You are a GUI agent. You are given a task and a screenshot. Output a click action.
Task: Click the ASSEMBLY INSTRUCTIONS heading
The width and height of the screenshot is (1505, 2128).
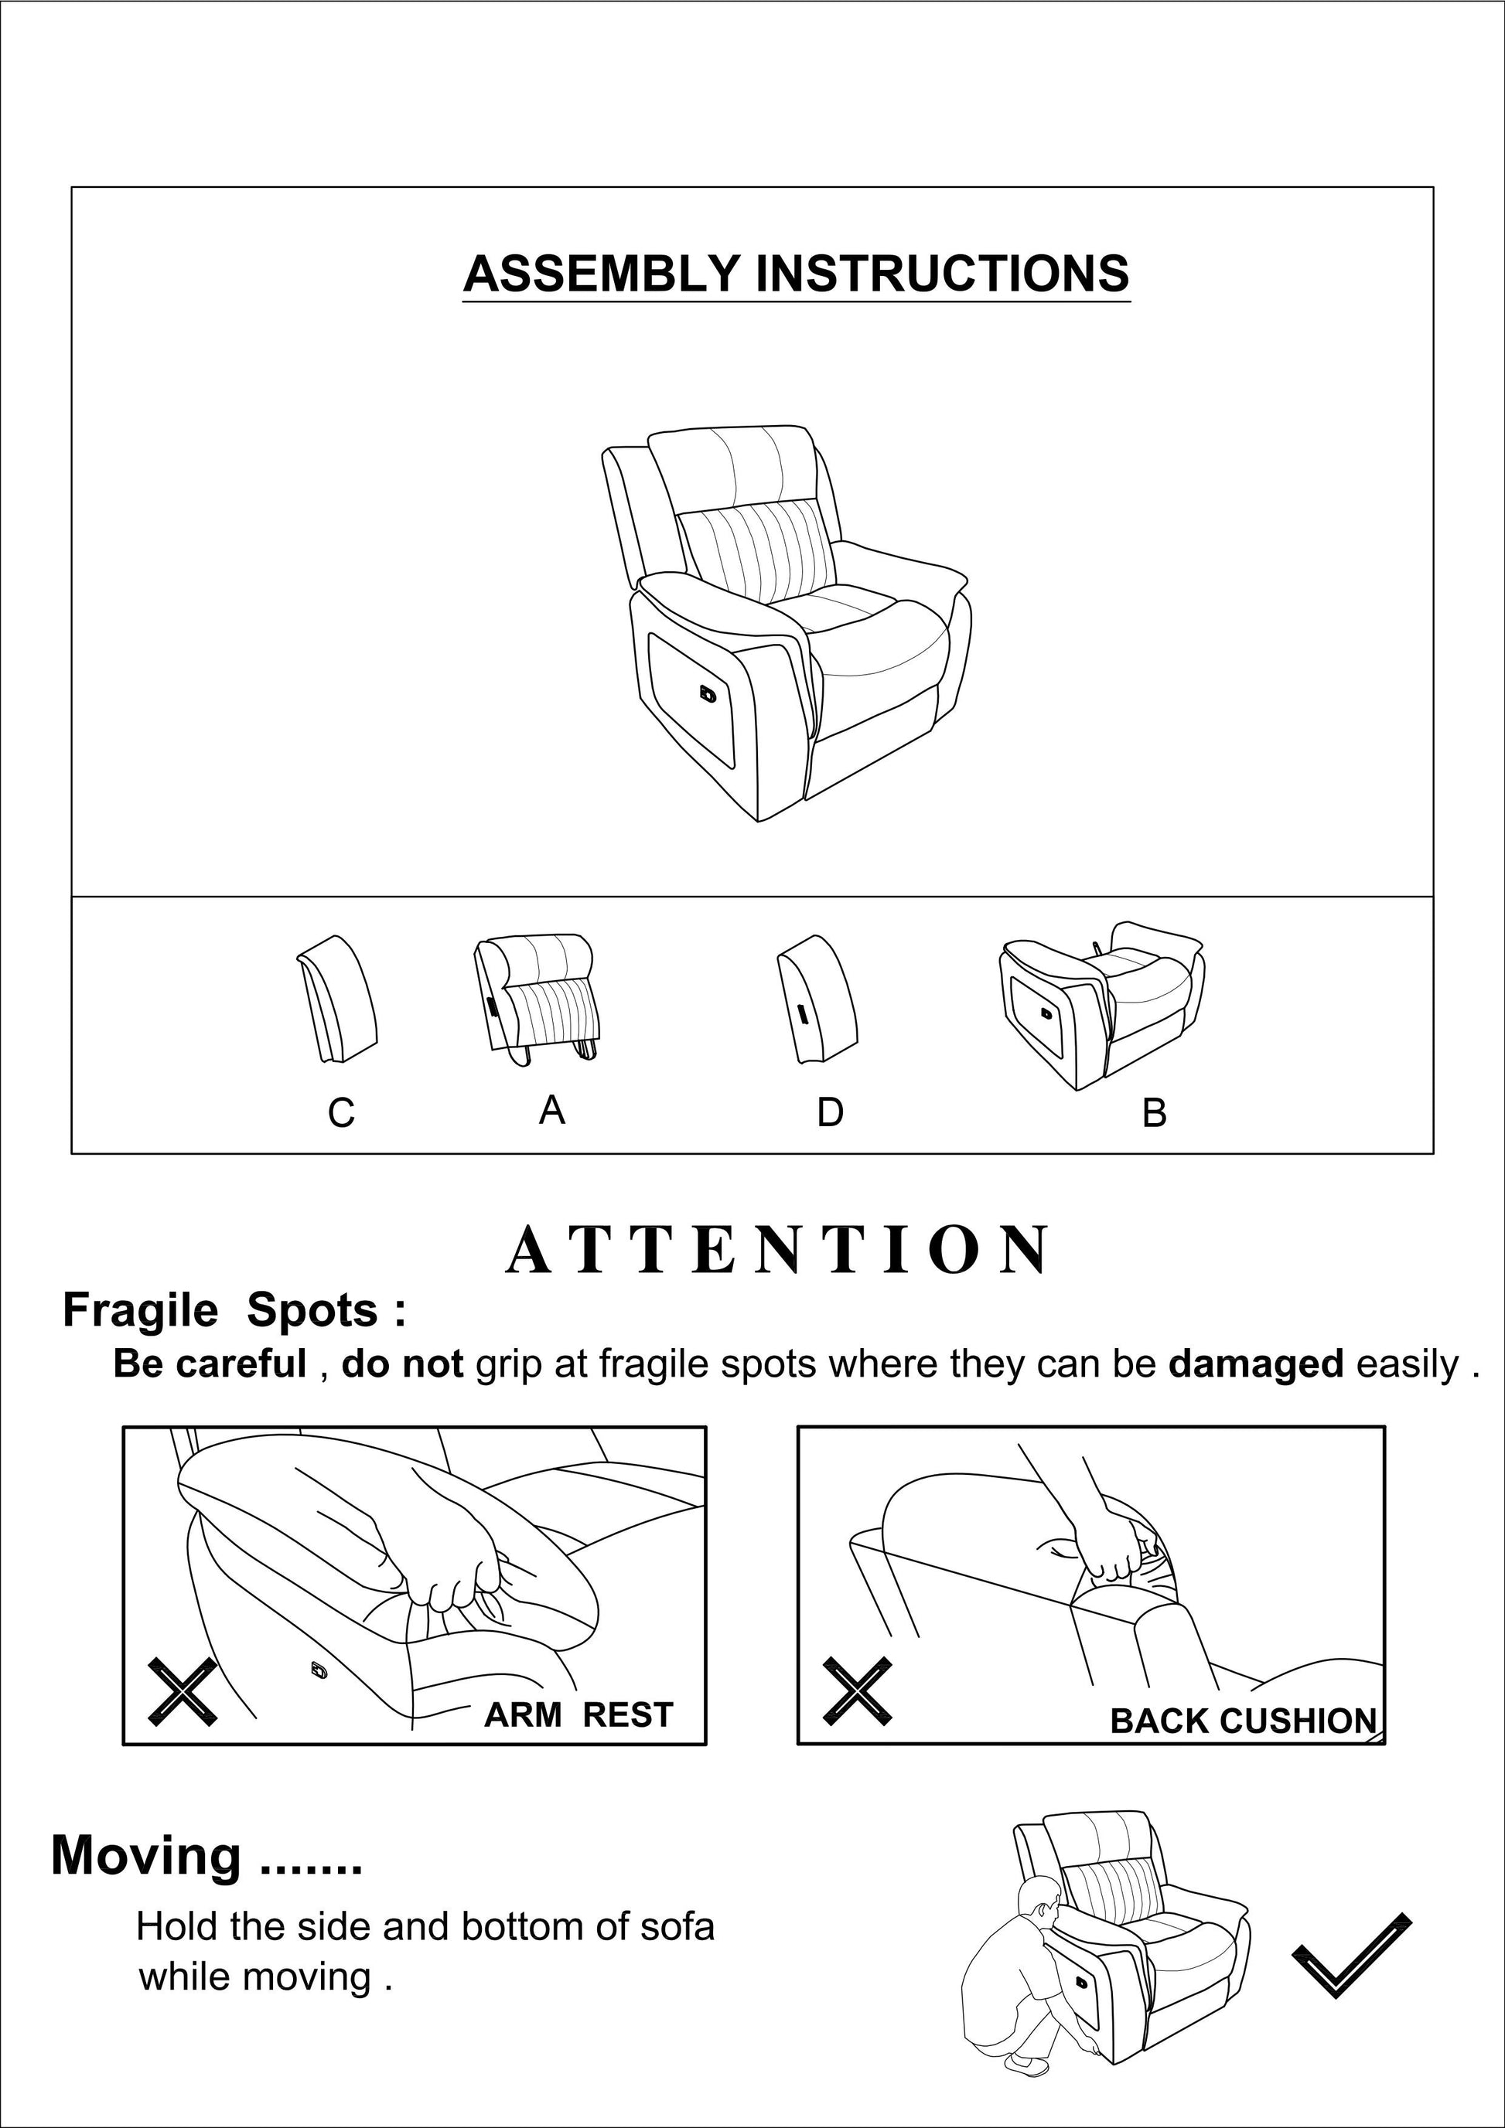[x=796, y=274]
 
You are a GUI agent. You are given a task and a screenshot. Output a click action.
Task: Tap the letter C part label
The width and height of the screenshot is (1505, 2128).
[x=340, y=1112]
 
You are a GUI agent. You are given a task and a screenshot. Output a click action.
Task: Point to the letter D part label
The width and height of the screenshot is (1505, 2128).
[x=829, y=1112]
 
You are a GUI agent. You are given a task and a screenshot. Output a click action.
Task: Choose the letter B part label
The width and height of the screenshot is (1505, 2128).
[x=1154, y=1112]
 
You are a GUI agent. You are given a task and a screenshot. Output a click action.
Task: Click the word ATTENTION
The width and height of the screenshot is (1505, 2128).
[x=777, y=1251]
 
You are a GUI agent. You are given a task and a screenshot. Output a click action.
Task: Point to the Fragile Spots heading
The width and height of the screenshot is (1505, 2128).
[x=234, y=1310]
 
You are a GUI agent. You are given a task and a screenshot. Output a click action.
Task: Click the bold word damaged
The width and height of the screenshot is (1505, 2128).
[x=1254, y=1364]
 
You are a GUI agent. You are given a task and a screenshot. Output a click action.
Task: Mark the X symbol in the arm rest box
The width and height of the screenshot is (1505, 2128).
[x=183, y=1691]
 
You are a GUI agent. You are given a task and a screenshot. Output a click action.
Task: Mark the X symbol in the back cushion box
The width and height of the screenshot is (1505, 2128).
[x=858, y=1691]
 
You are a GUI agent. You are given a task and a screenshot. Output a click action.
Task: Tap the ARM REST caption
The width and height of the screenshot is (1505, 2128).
[x=578, y=1714]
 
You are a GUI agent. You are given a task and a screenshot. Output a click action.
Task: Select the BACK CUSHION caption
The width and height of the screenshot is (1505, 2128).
[x=1243, y=1721]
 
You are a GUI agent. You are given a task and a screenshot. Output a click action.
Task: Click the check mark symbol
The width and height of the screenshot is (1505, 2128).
[x=1351, y=1955]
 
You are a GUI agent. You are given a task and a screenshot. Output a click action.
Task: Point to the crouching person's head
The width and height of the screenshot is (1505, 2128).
[x=1039, y=1899]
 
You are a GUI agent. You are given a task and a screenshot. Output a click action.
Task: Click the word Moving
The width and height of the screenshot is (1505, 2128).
[x=145, y=1857]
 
